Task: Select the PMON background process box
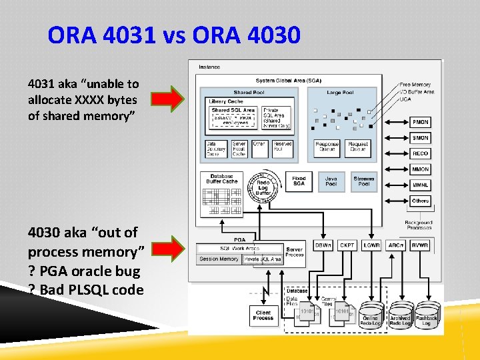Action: coord(420,122)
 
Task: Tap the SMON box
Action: coord(420,138)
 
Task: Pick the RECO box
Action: coord(420,153)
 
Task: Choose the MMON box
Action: coord(420,169)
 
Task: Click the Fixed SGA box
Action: coord(299,181)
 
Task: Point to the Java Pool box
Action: coord(331,181)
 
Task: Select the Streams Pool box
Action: coord(364,181)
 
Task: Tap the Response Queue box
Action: coord(327,147)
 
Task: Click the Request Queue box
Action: coord(358,147)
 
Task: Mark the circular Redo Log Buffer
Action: coord(263,187)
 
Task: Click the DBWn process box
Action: coord(323,245)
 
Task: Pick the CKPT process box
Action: coord(347,245)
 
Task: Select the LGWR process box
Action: coord(372,245)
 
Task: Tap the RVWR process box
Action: coord(420,245)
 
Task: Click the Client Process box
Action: coord(263,315)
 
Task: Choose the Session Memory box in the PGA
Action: coord(218,259)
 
